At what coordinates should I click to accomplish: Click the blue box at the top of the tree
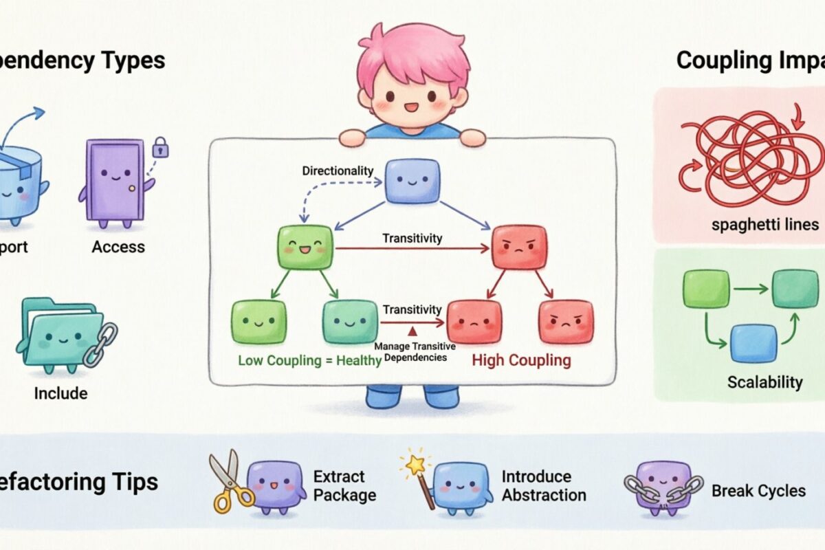pyautogui.click(x=411, y=181)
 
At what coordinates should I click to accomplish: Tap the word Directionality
pyautogui.click(x=338, y=170)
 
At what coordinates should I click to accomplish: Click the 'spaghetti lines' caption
pyautogui.click(x=756, y=224)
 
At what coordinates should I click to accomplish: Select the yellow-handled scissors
pyautogui.click(x=225, y=481)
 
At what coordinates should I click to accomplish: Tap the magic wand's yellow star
pyautogui.click(x=415, y=465)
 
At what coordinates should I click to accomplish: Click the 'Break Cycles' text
pyautogui.click(x=758, y=490)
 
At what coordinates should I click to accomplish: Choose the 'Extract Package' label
pyautogui.click(x=344, y=485)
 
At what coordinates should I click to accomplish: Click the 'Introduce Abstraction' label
pyautogui.click(x=543, y=485)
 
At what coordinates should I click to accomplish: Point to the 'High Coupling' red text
pyautogui.click(x=520, y=360)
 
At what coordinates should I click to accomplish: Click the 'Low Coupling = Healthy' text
pyautogui.click(x=309, y=360)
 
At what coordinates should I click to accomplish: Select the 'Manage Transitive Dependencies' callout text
pyautogui.click(x=410, y=351)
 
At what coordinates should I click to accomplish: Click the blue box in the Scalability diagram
pyautogui.click(x=753, y=343)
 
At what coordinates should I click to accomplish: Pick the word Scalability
pyautogui.click(x=764, y=382)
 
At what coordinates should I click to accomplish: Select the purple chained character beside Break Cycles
pyautogui.click(x=663, y=485)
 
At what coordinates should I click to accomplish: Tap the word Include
pyautogui.click(x=60, y=393)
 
